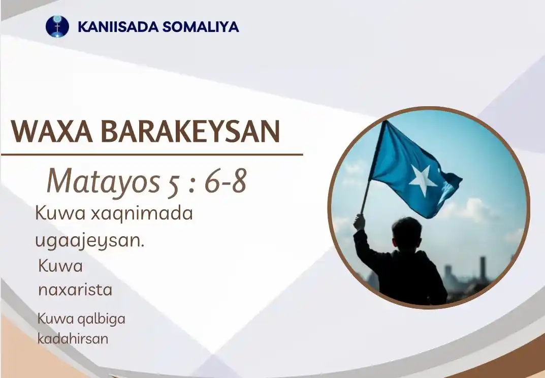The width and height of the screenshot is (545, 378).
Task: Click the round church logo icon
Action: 57,26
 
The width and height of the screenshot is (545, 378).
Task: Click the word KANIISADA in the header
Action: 118,27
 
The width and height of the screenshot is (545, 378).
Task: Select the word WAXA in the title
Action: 52,132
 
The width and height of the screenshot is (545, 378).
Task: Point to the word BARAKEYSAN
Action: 190,132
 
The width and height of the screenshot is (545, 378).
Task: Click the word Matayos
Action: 103,181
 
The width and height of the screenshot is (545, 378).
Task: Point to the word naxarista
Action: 75,290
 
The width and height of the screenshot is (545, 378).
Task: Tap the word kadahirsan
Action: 73,338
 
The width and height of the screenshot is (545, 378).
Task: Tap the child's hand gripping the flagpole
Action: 360,222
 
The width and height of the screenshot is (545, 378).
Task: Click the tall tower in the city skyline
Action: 483,268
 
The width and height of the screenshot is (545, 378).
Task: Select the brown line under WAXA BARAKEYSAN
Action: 152,154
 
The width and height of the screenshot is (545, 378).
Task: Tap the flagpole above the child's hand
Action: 373,168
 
